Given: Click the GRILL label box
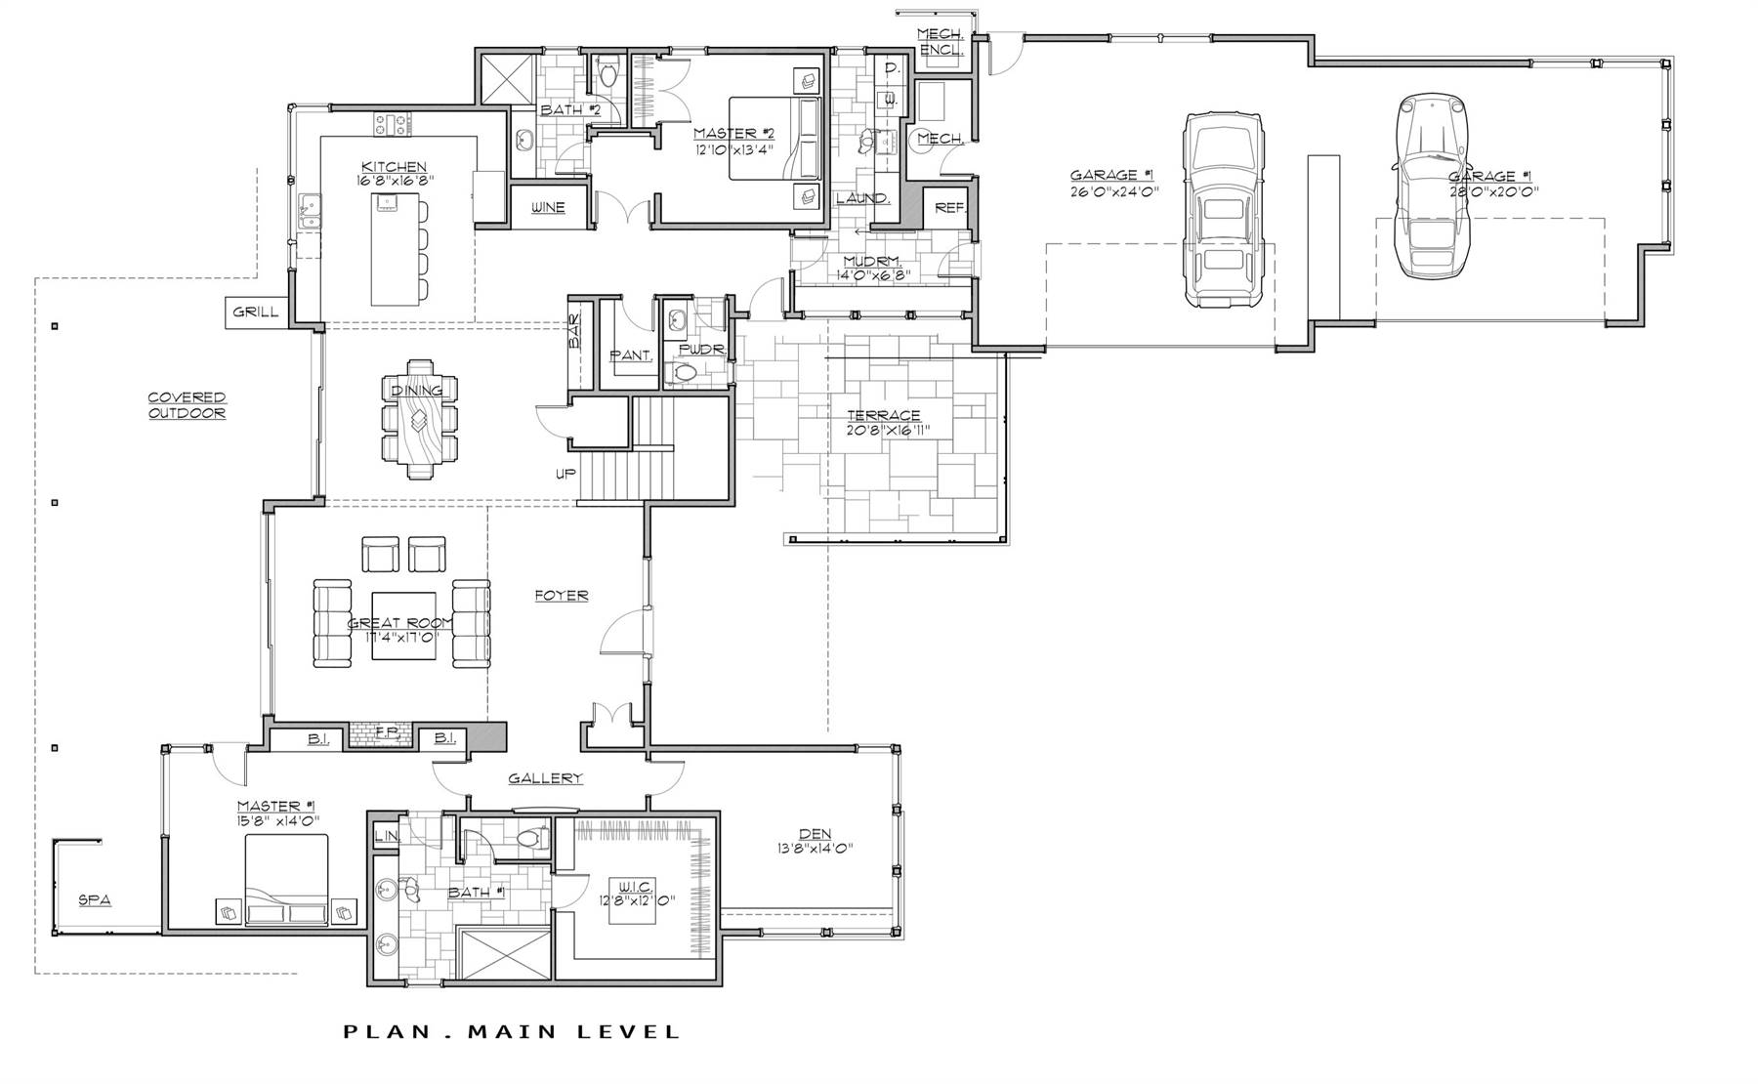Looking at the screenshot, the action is tap(256, 313).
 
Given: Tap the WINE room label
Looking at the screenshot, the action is tap(548, 208).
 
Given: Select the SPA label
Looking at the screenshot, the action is tap(95, 900).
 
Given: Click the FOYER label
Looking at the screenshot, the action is tap(562, 595).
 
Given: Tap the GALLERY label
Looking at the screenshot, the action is tap(545, 778).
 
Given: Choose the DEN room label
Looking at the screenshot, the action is tap(815, 834).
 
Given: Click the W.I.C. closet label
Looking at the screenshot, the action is tap(634, 886).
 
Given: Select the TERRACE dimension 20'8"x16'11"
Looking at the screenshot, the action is tap(887, 430).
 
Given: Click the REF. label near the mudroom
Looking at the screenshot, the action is tap(949, 208).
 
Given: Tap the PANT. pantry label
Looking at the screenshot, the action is tap(630, 355).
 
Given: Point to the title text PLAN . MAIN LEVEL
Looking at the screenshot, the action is tap(512, 1031).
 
